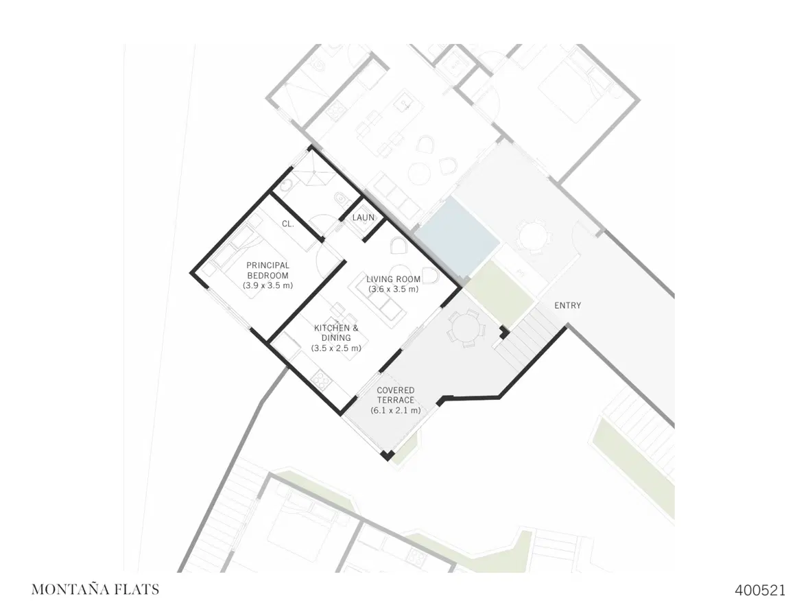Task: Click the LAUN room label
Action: pyautogui.click(x=364, y=217)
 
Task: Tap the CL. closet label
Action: pyautogui.click(x=287, y=224)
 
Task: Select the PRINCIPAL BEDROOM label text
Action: pyautogui.click(x=268, y=270)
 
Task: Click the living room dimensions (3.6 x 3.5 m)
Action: pyautogui.click(x=394, y=289)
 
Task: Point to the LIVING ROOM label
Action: pyautogui.click(x=394, y=279)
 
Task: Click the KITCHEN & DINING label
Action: pyautogui.click(x=336, y=333)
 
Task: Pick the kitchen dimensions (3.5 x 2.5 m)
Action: pyautogui.click(x=336, y=348)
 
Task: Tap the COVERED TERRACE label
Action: pyautogui.click(x=396, y=395)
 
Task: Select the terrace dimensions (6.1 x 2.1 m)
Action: pyautogui.click(x=396, y=410)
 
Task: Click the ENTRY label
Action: pyautogui.click(x=567, y=305)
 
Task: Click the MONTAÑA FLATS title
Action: pyautogui.click(x=95, y=589)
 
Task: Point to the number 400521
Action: pyautogui.click(x=760, y=590)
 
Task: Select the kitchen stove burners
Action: pyautogui.click(x=321, y=379)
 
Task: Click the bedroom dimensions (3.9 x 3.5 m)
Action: pyautogui.click(x=268, y=285)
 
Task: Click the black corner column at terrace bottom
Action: pyautogui.click(x=388, y=455)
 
